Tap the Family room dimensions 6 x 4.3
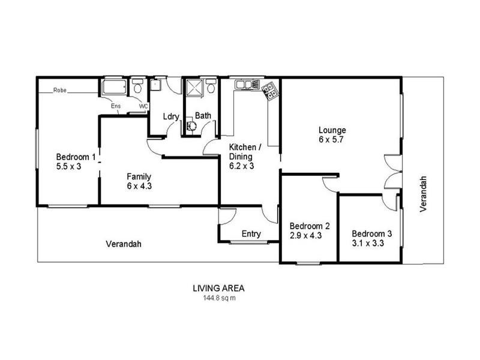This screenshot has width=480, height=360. (138, 186)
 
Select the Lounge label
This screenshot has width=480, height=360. (332, 130)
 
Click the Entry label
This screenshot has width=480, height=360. (251, 234)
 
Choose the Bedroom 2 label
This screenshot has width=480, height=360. (310, 226)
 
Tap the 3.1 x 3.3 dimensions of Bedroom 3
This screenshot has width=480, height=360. (368, 244)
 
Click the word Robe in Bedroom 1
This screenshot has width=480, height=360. (59, 91)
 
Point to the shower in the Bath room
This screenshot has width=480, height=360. (193, 89)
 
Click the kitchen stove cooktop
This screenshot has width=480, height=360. (271, 92)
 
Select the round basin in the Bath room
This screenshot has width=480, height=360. (191, 127)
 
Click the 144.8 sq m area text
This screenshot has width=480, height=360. (218, 297)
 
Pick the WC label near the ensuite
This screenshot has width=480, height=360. (143, 106)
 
